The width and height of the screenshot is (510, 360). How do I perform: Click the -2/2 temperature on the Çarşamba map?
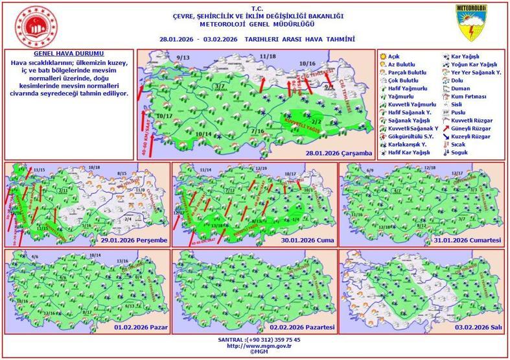tap(316, 121)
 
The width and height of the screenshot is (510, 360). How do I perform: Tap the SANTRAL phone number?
tap(255, 339)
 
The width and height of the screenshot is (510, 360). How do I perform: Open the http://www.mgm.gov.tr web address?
tap(255, 346)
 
